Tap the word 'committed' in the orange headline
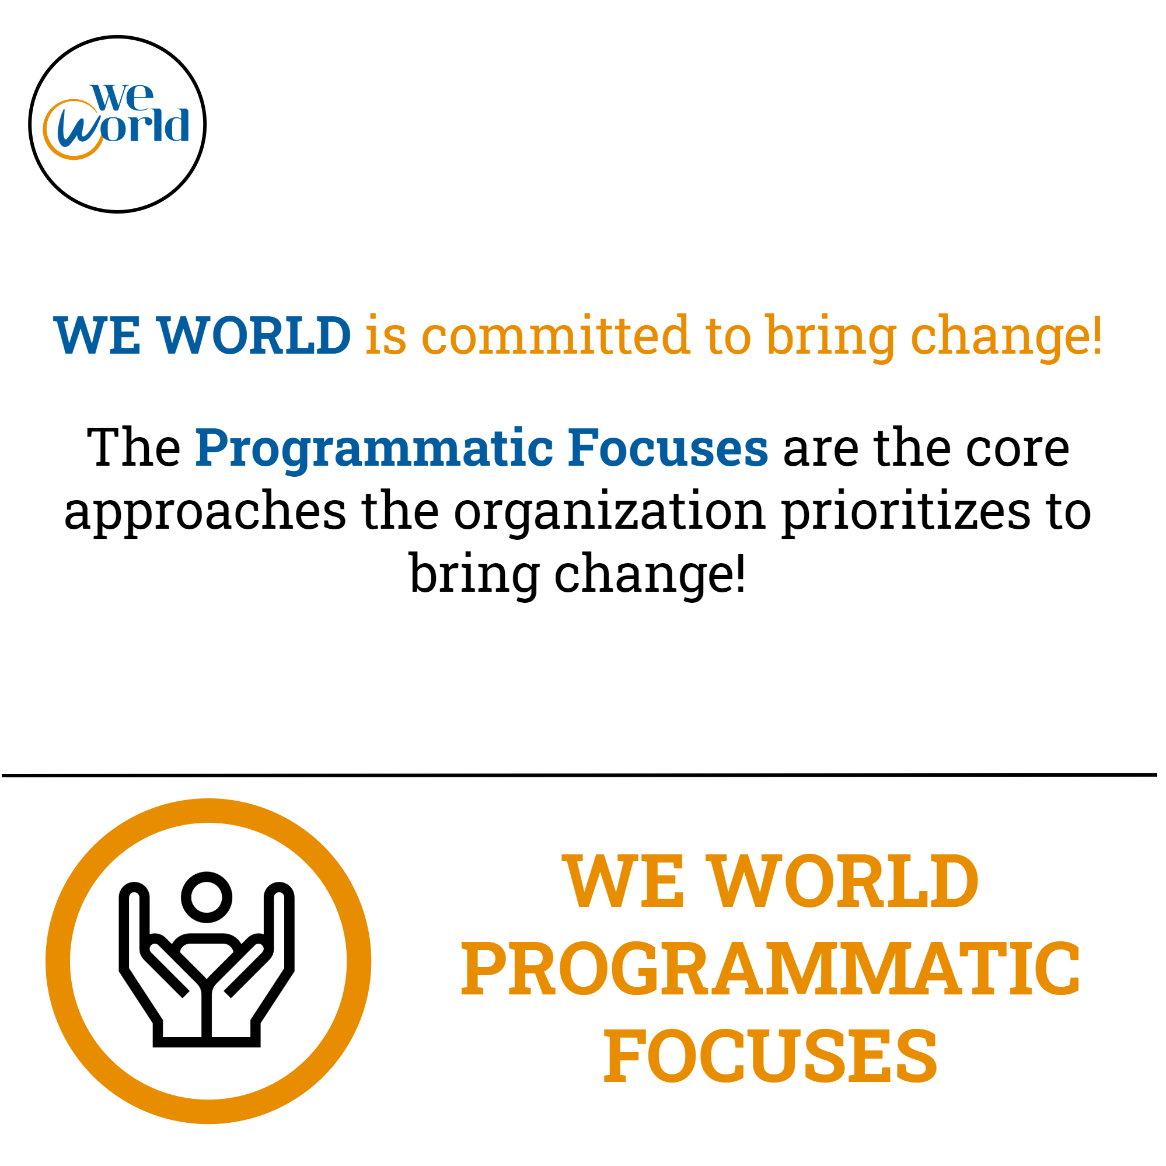click(x=555, y=335)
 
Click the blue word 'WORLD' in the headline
click(x=254, y=335)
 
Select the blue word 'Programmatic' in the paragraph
click(x=374, y=449)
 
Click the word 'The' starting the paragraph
click(x=134, y=448)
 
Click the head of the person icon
click(x=207, y=898)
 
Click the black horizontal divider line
click(x=579, y=775)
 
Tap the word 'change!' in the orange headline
click(x=1007, y=337)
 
